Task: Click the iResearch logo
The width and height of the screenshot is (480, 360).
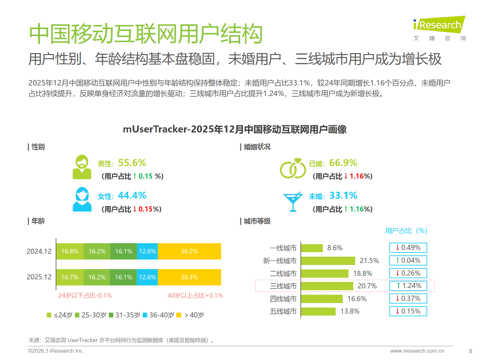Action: tap(439, 28)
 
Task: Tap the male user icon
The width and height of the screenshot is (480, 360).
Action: tap(82, 167)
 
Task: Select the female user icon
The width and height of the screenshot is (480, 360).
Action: tap(82, 199)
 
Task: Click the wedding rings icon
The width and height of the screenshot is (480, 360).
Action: tap(293, 168)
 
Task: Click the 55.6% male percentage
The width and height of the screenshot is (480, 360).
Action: tap(132, 163)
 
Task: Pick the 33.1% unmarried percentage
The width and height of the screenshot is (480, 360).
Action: tap(343, 196)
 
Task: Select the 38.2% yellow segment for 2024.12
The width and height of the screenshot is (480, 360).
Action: tap(189, 251)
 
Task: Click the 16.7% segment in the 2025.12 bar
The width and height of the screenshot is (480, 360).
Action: tap(70, 277)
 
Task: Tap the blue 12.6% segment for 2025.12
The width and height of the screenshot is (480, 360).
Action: tap(148, 277)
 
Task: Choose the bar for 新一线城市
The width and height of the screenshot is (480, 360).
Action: tap(328, 261)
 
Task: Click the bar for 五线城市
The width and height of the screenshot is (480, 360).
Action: tap(318, 311)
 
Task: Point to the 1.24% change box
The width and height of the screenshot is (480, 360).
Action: tap(408, 286)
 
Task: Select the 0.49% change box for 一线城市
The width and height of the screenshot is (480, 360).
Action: tap(408, 248)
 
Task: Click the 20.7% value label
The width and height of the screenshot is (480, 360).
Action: tap(367, 286)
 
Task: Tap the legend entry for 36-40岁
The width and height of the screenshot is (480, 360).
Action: tap(158, 315)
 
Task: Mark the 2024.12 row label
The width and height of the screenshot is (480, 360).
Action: tap(39, 252)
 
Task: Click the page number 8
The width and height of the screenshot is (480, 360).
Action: tap(470, 351)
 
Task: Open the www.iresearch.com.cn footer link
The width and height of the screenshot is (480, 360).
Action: tap(417, 351)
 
